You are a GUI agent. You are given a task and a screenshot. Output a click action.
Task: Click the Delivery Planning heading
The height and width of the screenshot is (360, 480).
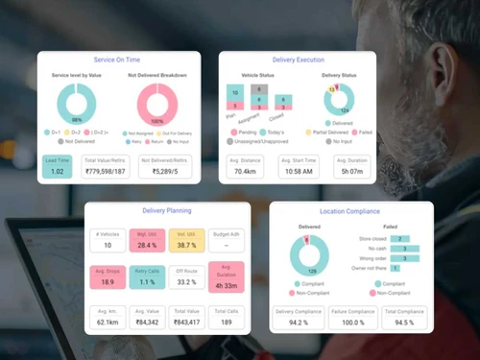[x=166, y=209]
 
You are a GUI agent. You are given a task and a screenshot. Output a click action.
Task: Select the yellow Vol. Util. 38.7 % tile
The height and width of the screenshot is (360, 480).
[x=187, y=239]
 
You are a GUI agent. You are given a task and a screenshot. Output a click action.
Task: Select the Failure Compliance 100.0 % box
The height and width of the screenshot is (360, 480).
[x=352, y=317]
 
